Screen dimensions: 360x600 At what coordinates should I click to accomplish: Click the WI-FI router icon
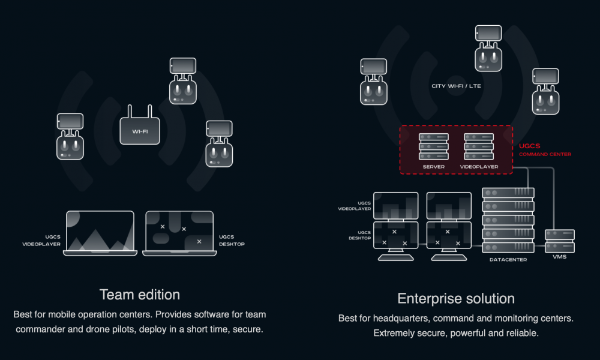point(140,130)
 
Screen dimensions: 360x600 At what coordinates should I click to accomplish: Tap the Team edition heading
point(139,295)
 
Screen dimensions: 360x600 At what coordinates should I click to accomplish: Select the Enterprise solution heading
point(456,298)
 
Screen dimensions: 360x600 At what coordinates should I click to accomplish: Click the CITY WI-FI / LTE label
point(456,86)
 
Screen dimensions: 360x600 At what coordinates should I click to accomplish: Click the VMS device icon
point(559,241)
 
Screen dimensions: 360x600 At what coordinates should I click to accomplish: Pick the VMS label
point(559,257)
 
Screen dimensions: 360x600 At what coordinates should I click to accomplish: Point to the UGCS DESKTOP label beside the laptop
point(232,240)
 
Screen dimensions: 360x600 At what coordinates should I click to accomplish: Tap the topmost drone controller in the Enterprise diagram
point(488,49)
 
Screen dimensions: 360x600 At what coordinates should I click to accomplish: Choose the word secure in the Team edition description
point(248,329)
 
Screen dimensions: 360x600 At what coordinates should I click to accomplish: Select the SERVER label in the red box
point(433,166)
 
